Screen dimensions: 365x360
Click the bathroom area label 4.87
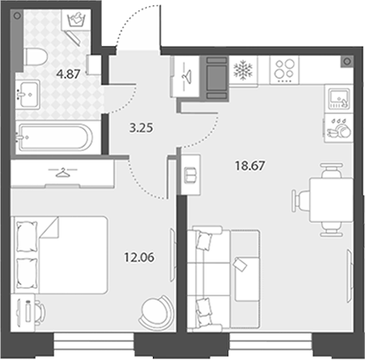coord(68,75)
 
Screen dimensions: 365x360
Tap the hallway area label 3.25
coord(141,128)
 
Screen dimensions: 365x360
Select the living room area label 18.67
coord(250,166)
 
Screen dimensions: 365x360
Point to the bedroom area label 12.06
coord(139,257)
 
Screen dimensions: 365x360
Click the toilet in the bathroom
coord(36,57)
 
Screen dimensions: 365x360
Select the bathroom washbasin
coord(27,94)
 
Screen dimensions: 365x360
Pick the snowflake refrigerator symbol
coord(243,70)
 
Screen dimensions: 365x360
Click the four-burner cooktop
coord(284,70)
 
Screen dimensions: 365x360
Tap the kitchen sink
coord(339,98)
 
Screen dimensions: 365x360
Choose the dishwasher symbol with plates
coord(339,128)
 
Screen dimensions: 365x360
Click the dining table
coord(331,200)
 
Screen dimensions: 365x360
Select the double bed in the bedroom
coord(59,255)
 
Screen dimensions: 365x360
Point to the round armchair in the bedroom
coord(157,311)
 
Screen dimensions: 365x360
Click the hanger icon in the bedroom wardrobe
coord(63,172)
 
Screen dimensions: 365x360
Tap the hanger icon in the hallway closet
coord(186,75)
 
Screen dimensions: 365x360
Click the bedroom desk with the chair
coord(28,312)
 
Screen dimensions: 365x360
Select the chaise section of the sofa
coord(245,280)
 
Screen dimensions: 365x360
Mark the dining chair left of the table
coord(301,200)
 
